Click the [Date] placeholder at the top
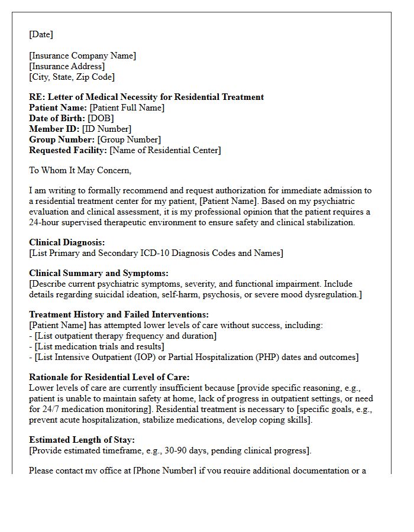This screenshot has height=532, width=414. click(x=41, y=35)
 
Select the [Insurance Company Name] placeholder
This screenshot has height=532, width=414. click(x=82, y=56)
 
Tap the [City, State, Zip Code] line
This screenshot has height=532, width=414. click(x=72, y=77)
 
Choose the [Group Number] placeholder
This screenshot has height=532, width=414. click(x=128, y=140)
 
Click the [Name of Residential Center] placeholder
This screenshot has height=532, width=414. click(x=165, y=151)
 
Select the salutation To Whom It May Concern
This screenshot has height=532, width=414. click(x=80, y=171)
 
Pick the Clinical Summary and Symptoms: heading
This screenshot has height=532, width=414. click(x=99, y=273)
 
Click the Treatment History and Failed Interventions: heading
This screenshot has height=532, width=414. click(x=119, y=315)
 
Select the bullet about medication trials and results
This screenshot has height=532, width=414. click(x=99, y=347)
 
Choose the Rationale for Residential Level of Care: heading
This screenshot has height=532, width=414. click(x=109, y=377)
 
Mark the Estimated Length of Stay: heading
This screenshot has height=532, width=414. click(x=82, y=440)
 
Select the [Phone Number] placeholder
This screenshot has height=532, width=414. click(x=164, y=471)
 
